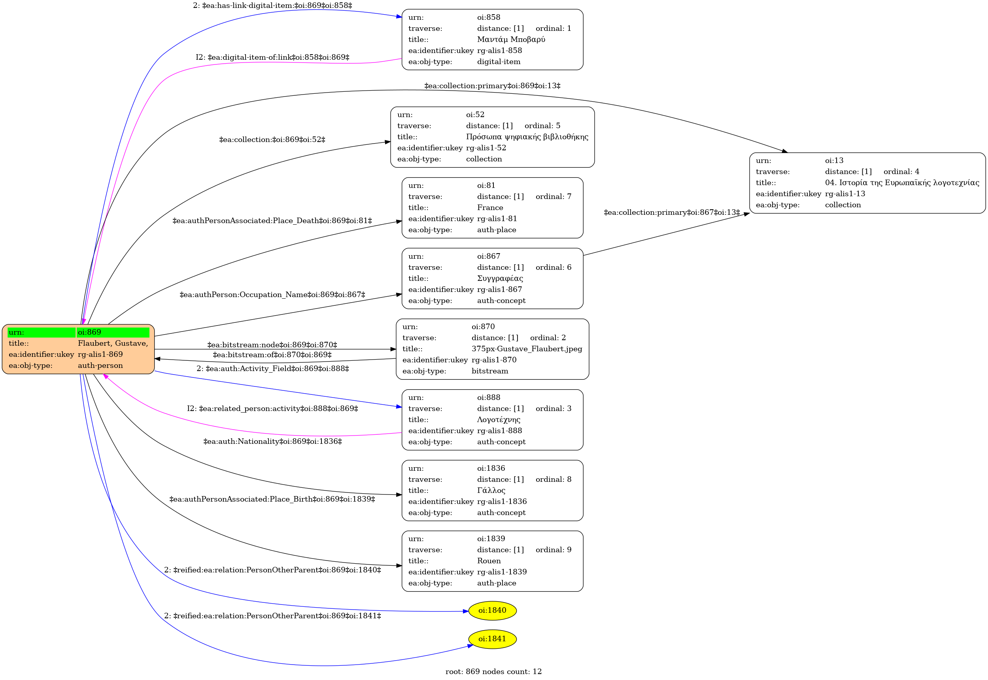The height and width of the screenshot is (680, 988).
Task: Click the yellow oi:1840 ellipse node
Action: (492, 610)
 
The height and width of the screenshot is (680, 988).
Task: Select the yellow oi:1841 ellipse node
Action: (492, 639)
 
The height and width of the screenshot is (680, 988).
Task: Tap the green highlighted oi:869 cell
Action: (113, 332)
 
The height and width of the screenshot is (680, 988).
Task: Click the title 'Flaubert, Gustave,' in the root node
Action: (113, 343)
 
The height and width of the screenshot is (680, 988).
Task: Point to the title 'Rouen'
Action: (489, 561)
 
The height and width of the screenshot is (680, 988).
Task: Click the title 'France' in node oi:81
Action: (490, 208)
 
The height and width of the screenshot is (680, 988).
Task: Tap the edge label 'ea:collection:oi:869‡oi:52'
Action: (272, 140)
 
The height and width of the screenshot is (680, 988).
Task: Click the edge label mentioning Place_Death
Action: (272, 221)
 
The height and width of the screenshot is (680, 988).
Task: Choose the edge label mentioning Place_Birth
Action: (272, 499)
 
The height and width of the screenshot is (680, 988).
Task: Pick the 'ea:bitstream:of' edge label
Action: (272, 354)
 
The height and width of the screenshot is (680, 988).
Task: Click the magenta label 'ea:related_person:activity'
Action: (272, 409)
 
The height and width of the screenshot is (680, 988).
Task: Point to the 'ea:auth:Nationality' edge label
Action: (272, 441)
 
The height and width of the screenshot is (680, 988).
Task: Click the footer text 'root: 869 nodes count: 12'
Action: (493, 671)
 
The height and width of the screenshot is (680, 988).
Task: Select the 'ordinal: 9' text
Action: (554, 549)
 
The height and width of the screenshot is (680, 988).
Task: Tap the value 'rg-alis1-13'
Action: (845, 193)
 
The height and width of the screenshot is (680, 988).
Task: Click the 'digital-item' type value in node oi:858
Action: (499, 61)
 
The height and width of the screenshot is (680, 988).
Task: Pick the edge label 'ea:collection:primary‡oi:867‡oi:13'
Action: (672, 212)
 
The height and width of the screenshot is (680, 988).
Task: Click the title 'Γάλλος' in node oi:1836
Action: (491, 491)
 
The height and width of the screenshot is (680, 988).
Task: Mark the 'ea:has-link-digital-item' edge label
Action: (272, 6)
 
